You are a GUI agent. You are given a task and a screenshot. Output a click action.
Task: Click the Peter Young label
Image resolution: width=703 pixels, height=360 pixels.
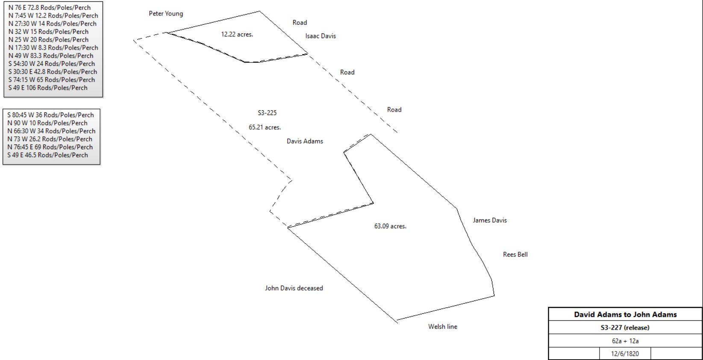coord(166,14)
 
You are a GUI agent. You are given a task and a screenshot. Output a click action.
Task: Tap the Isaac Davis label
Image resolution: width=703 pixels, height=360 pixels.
coord(321,36)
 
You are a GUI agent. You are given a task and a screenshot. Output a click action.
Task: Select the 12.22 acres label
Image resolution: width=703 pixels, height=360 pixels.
coord(237,35)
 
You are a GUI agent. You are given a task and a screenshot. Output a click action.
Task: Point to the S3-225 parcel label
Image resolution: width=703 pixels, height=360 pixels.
coord(267,113)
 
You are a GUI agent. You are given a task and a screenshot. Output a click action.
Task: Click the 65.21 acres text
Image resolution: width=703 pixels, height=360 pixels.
coord(265,127)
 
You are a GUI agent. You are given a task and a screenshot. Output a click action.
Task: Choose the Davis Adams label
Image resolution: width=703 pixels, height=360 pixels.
coord(305,141)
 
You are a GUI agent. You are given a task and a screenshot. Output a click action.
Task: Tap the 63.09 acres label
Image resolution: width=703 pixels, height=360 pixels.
coord(390,226)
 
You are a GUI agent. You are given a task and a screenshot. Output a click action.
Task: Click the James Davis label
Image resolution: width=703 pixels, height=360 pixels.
coord(490,220)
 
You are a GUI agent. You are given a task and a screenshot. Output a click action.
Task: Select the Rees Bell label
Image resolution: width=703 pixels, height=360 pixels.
coord(515,254)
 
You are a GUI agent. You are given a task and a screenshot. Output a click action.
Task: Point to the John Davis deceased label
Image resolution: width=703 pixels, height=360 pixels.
coord(294,288)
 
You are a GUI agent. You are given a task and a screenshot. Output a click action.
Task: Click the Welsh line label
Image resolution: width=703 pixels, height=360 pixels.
coord(442,327)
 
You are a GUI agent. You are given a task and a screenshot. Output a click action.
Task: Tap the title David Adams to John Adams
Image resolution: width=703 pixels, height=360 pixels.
coord(625,315)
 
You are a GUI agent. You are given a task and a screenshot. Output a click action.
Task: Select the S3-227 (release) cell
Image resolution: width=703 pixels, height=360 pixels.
coord(625,328)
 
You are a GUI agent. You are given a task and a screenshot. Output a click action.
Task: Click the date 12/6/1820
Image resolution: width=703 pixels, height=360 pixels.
coord(625,354)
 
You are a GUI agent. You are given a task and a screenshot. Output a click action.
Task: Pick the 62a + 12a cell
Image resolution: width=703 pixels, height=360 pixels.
coord(625,341)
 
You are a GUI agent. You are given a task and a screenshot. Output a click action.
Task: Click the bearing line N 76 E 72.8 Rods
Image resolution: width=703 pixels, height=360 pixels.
coord(49,8)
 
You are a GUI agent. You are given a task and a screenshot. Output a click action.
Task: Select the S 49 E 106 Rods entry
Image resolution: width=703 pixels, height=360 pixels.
coord(48,88)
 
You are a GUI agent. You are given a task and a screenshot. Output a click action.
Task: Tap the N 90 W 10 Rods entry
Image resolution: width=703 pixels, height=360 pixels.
coord(47,123)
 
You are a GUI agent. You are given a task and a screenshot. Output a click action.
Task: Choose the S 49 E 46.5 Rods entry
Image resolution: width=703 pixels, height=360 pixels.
coord(47,155)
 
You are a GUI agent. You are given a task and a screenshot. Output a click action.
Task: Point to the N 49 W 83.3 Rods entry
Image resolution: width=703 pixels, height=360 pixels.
coord(50,56)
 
